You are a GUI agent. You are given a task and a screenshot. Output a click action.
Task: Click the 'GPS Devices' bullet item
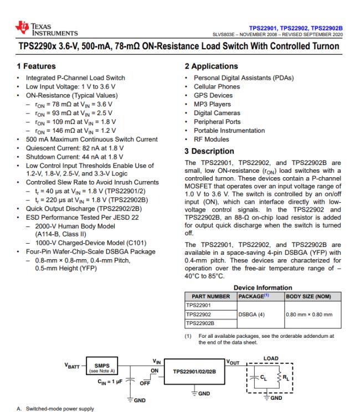tap(209, 95)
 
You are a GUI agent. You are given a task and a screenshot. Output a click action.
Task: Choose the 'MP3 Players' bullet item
tap(208, 104)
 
